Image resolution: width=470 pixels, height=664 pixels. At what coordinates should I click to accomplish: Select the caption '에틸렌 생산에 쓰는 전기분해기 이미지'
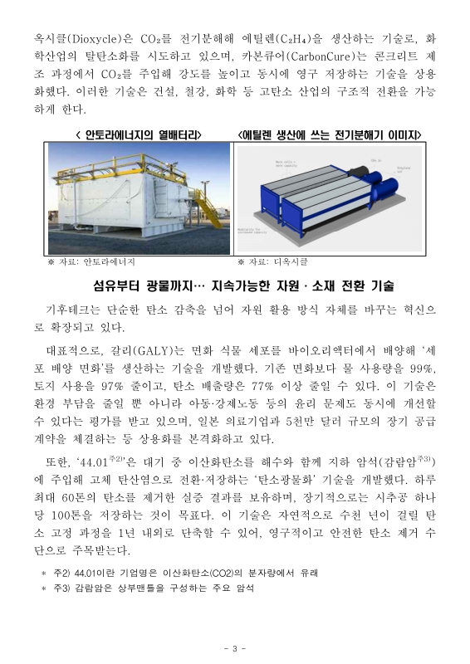click(x=330, y=134)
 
